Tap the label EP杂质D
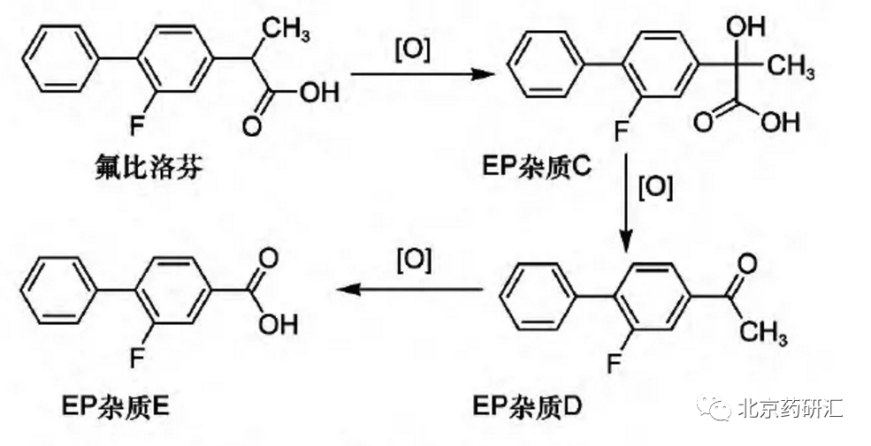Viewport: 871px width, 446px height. click(x=527, y=408)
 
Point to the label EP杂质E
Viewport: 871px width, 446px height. click(x=116, y=409)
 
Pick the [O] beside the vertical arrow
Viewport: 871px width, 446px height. click(x=656, y=188)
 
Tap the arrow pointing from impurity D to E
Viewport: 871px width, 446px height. click(x=411, y=289)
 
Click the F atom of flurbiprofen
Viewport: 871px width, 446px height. click(x=137, y=125)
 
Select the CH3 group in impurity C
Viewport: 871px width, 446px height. click(x=791, y=67)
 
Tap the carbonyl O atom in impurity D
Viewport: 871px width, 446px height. click(x=748, y=262)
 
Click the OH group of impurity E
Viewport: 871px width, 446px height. click(x=279, y=324)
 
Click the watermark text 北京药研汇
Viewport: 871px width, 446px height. click(x=790, y=408)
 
